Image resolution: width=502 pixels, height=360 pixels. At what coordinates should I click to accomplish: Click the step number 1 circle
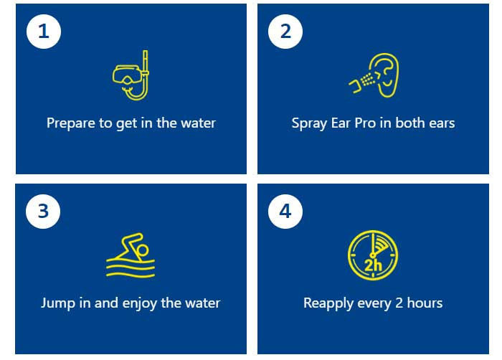[44, 32]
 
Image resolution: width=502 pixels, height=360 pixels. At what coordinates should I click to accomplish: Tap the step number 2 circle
[285, 32]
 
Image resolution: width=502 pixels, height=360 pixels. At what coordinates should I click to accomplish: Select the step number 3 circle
[43, 212]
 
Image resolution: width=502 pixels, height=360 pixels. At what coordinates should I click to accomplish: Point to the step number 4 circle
[285, 212]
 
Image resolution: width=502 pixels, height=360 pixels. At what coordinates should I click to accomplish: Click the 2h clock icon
[373, 255]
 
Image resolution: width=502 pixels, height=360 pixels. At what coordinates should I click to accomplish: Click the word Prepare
[71, 123]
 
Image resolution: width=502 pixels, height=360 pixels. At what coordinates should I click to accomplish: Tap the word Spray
[309, 123]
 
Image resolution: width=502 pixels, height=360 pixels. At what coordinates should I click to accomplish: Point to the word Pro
[365, 123]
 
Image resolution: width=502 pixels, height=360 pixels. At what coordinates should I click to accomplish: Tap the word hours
[425, 303]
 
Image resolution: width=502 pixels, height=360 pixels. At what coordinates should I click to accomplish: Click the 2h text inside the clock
[374, 265]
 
